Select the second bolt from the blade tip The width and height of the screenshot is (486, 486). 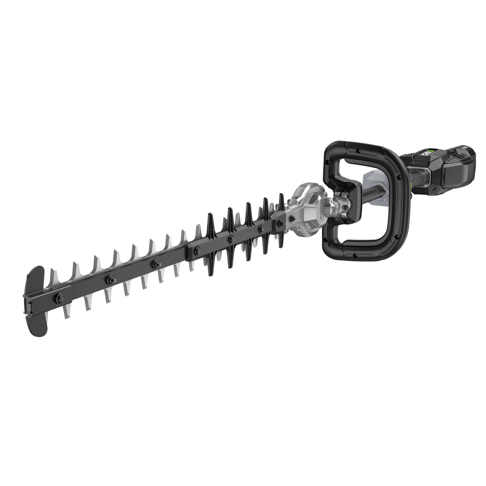(108, 278)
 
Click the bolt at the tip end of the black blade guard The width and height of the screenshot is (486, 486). (197, 249)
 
